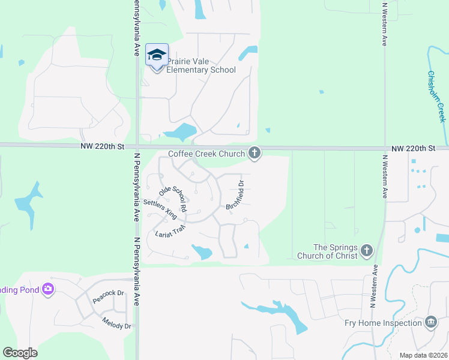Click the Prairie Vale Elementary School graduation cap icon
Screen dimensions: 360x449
157,55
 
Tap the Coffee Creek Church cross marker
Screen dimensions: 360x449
255,154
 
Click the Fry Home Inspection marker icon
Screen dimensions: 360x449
430,323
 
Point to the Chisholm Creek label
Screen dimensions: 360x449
437,96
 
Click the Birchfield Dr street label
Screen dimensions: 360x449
235,195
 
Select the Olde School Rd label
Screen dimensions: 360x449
173,199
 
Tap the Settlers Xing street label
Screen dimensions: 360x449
160,209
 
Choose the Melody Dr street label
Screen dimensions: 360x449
116,323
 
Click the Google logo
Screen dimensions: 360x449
20,353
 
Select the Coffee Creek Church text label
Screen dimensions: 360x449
206,154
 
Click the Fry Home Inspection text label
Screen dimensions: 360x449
383,323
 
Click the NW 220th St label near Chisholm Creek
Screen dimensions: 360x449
413,148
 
